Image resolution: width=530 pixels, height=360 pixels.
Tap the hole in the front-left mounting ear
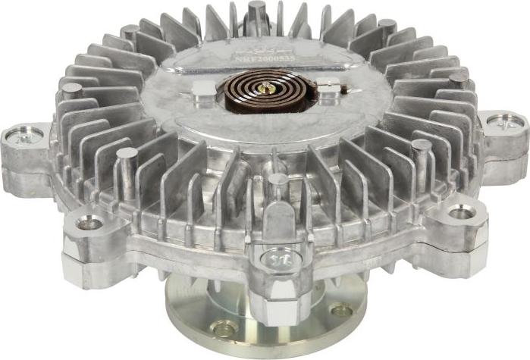pyautogui.click(x=89, y=222)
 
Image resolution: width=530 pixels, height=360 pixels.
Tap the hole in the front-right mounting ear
pyautogui.click(x=461, y=212)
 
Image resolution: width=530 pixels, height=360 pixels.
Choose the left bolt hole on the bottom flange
pyautogui.click(x=224, y=328)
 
